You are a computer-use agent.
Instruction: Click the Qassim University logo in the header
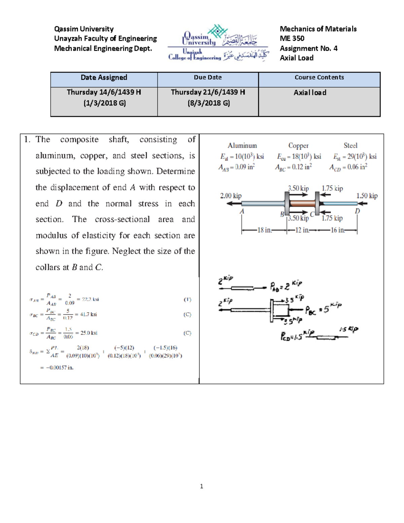click(218, 43)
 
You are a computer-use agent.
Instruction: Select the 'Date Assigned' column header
click(104, 77)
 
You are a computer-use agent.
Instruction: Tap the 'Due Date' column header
click(208, 77)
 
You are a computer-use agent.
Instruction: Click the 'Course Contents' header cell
click(319, 77)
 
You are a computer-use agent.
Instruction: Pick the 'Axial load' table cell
click(310, 93)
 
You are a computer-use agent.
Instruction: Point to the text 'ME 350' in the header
click(292, 38)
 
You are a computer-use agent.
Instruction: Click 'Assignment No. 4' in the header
click(308, 48)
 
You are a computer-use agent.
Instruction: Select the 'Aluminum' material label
click(242, 145)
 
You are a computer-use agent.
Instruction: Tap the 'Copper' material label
click(298, 145)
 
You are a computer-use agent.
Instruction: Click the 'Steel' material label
click(350, 145)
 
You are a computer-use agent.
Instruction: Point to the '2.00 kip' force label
click(231, 196)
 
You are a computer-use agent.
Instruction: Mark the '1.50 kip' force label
click(367, 196)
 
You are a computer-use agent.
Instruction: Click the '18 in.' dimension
click(264, 230)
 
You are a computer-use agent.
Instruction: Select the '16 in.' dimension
click(338, 230)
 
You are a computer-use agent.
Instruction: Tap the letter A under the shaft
click(242, 211)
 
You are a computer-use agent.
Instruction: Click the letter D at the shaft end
click(357, 211)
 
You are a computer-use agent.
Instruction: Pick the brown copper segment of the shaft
click(302, 203)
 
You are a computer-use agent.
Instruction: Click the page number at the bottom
click(201, 486)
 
